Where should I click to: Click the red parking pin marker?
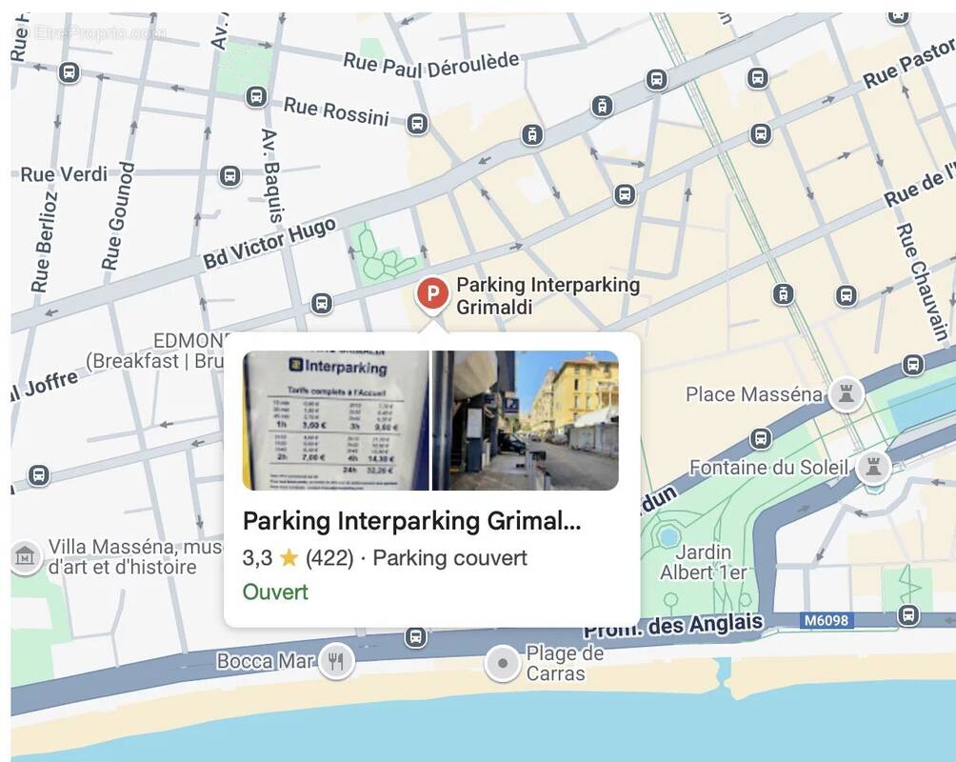click(432, 291)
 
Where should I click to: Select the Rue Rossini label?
click(337, 111)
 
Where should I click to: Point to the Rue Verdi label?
click(64, 174)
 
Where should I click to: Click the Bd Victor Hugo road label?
click(269, 244)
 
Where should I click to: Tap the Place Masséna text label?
click(754, 393)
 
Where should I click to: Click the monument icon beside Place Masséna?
click(845, 393)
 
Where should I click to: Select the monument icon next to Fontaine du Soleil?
click(872, 467)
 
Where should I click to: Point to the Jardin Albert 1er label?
click(703, 562)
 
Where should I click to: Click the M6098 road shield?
click(826, 621)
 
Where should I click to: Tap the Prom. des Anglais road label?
click(673, 626)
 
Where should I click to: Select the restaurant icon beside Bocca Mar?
click(335, 660)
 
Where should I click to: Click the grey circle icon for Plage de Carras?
click(502, 663)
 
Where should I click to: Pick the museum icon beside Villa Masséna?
click(25, 555)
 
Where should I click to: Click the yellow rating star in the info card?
click(289, 558)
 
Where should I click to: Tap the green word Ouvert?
click(275, 592)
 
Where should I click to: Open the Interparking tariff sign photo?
click(335, 420)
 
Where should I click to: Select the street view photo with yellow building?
click(526, 420)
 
